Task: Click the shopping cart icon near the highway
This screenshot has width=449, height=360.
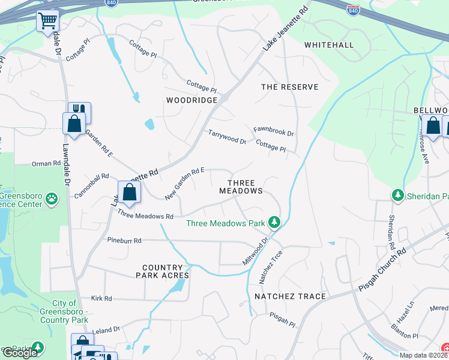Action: pyautogui.click(x=47, y=21)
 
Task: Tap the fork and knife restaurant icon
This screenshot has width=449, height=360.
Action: pyautogui.click(x=79, y=111)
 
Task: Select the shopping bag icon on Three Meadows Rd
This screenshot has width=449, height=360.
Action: pyautogui.click(x=129, y=193)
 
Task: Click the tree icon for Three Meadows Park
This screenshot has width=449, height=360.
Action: pyautogui.click(x=274, y=223)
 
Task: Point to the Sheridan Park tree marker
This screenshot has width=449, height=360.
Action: pyautogui.click(x=397, y=196)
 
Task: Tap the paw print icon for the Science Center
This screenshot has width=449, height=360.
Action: pyautogui.click(x=52, y=197)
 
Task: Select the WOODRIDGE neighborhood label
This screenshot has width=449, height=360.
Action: pyautogui.click(x=191, y=100)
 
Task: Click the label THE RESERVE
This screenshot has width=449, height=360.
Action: pyautogui.click(x=289, y=87)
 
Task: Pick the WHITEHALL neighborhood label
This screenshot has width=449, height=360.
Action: pyautogui.click(x=329, y=45)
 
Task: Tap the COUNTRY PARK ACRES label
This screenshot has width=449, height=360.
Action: pyautogui.click(x=166, y=271)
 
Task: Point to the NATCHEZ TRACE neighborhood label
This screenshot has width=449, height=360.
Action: pyautogui.click(x=290, y=296)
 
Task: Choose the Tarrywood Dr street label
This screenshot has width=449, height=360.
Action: pyautogui.click(x=227, y=137)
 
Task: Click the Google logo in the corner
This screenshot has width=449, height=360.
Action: pyautogui.click(x=20, y=353)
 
